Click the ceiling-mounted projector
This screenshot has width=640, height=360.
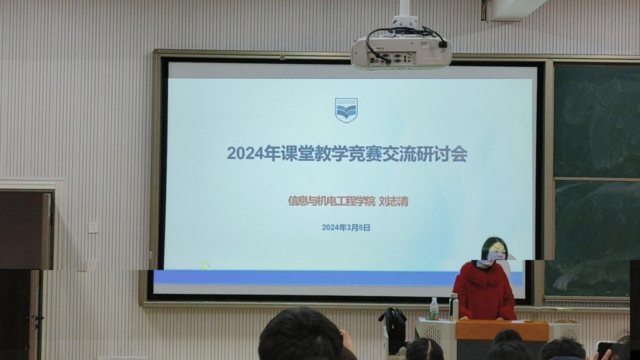coord(402,52)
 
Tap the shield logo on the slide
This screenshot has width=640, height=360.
coord(346,110)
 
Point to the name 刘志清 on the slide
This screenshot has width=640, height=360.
coord(394,201)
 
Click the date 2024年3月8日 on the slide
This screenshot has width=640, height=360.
coord(346,227)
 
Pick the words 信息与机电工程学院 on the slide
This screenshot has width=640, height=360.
coord(331,201)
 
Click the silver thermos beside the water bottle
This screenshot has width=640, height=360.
coord(454,307)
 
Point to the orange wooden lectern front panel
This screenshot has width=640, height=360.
coord(502,331)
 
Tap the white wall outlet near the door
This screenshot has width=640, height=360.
coord(94,227)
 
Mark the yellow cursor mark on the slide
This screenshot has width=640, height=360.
coord(205,265)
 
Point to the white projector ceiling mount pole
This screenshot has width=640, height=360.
coord(404,9)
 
